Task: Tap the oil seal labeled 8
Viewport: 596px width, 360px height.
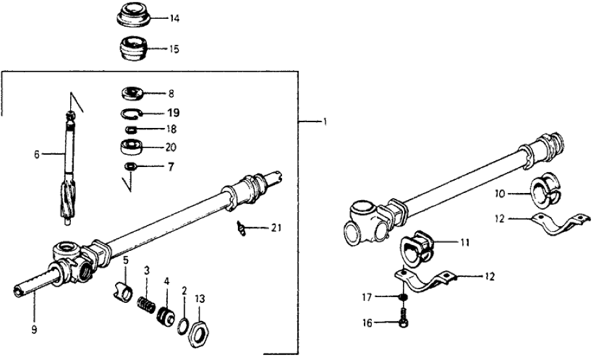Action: [x=133, y=93]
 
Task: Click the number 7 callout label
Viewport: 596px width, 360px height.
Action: [x=170, y=167]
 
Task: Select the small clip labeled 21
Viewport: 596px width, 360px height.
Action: [x=243, y=227]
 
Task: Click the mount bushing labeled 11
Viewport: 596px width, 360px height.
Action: [x=417, y=244]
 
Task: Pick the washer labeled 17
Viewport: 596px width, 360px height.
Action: [x=402, y=297]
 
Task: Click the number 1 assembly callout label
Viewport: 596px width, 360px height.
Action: [x=323, y=122]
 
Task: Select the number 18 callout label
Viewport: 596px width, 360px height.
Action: [x=172, y=129]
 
